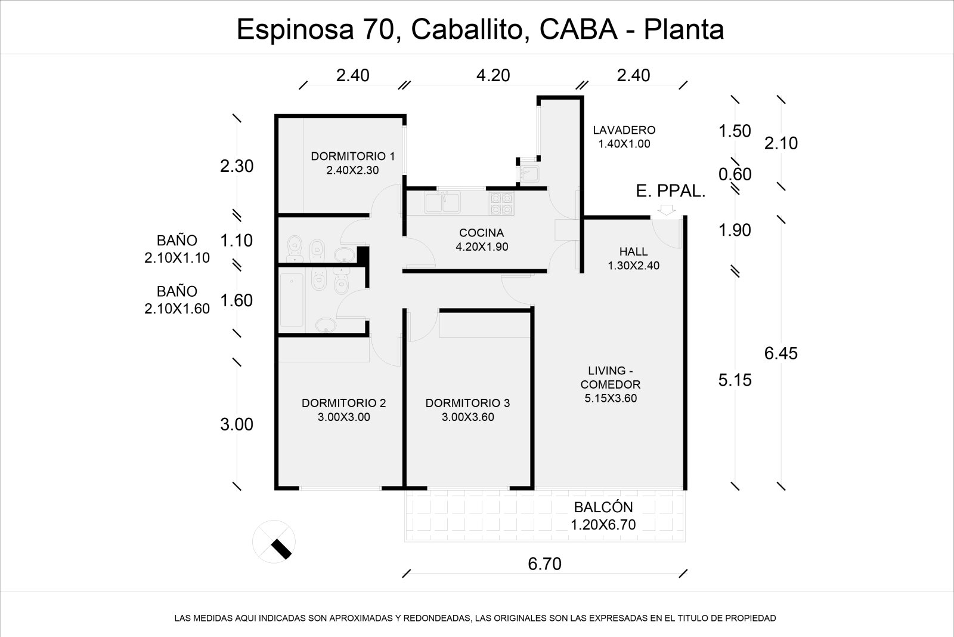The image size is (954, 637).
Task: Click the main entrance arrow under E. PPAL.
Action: pyautogui.click(x=666, y=210)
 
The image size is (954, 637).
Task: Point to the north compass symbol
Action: pyautogui.click(x=274, y=541)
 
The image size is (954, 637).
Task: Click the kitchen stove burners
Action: pyautogui.click(x=501, y=204)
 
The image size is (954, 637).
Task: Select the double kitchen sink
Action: pyautogui.click(x=442, y=202)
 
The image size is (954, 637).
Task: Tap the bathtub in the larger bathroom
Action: pyautogui.click(x=292, y=300)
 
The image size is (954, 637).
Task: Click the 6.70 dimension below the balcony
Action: pyautogui.click(x=545, y=564)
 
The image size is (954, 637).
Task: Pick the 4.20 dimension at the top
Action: pyautogui.click(x=493, y=75)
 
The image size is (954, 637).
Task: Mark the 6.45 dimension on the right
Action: pyautogui.click(x=780, y=353)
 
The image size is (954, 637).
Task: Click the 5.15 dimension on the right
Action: pyautogui.click(x=735, y=380)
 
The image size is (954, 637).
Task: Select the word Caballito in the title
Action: pyautogui.click(x=470, y=30)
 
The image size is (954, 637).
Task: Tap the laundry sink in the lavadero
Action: pyautogui.click(x=529, y=174)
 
